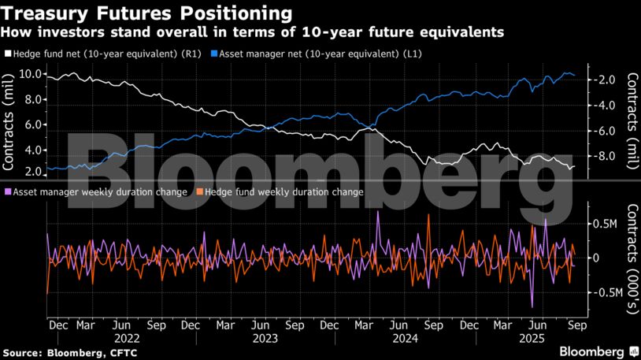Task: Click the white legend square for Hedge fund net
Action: tap(7, 54)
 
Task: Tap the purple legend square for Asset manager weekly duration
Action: tap(7, 191)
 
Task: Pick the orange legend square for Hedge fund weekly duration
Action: tap(200, 191)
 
